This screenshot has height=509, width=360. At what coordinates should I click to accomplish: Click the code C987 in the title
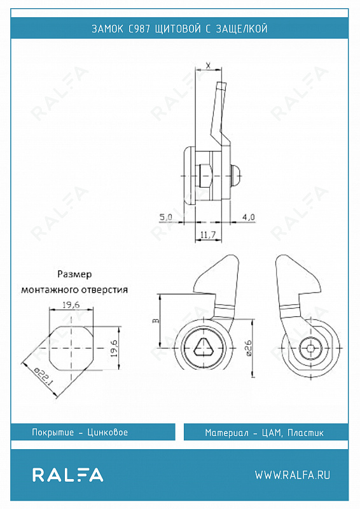(139, 29)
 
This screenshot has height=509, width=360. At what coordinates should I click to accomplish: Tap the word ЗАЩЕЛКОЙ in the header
(242, 29)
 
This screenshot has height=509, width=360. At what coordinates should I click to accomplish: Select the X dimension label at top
(209, 66)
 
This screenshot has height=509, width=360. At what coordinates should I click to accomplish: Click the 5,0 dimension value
(165, 217)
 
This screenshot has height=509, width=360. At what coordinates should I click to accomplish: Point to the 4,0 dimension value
(248, 217)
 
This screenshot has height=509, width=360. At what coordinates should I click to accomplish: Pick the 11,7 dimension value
(208, 234)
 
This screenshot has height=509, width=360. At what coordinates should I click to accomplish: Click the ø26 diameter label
(247, 348)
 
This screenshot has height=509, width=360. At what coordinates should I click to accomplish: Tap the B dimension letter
(156, 321)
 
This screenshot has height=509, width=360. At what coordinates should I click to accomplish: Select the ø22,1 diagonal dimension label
(43, 377)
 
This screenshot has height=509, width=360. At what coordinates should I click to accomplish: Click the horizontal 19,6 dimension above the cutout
(71, 305)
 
